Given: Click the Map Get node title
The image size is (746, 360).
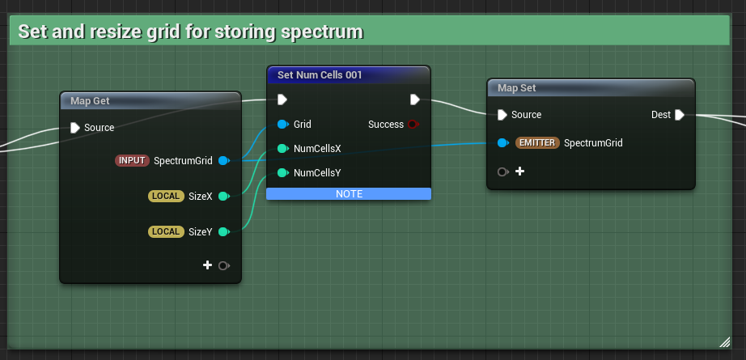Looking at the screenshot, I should point(91,101).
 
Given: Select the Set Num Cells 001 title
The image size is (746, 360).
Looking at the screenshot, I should point(320,75).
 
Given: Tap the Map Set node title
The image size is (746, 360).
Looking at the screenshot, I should point(517,88).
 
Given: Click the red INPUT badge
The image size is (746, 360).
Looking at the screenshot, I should point(132,161).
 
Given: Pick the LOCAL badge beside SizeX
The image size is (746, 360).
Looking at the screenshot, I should point(167,196).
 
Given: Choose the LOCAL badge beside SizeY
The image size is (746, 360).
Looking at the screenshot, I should point(167,232).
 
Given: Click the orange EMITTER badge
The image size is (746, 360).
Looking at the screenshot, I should point(537,143).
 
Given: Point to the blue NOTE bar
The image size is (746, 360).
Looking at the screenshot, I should point(349,194).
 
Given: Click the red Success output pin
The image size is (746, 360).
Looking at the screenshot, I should point(413,125).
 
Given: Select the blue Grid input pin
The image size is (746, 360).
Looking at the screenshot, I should point(282,125).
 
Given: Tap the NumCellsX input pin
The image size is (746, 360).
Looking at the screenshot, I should point(282,149).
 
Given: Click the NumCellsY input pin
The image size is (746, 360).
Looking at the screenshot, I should point(282,173).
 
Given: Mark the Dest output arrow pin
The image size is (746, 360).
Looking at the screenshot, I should point(680,115).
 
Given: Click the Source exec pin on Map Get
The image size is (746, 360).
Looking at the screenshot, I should point(75,128).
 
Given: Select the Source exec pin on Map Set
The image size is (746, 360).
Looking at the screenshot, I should point(502,115).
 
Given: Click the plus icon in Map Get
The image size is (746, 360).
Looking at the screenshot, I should point(208,265).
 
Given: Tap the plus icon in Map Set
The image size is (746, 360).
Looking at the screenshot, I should point(519,172).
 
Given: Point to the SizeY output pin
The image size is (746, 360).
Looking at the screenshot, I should point(223,232).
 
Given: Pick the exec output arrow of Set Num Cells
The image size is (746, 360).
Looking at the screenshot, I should point(414,100).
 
